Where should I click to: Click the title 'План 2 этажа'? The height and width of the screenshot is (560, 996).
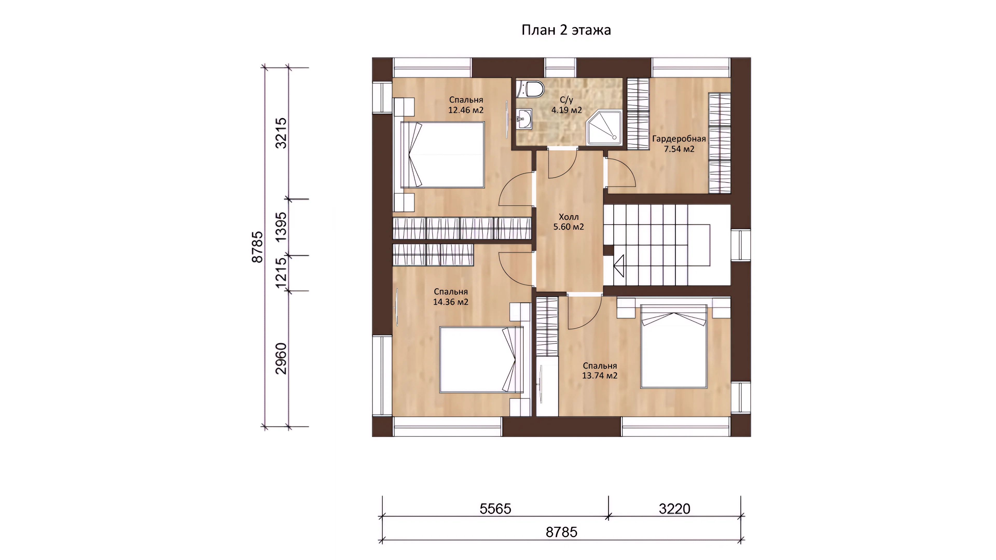point(566,30)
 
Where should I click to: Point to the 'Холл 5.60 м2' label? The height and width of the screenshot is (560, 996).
point(568,222)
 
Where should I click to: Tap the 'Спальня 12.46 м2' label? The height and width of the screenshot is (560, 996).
point(466,105)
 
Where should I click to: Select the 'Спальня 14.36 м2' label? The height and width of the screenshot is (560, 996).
point(451,297)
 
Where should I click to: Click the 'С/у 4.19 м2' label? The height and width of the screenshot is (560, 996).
point(566,105)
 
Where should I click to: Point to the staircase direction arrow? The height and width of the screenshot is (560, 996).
point(619,266)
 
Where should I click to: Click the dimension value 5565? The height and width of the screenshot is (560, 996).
point(495,509)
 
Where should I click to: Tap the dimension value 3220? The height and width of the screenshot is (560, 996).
point(675,509)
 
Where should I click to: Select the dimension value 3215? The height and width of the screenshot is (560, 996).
point(281,133)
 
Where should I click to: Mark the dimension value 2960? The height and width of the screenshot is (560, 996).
point(281,359)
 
